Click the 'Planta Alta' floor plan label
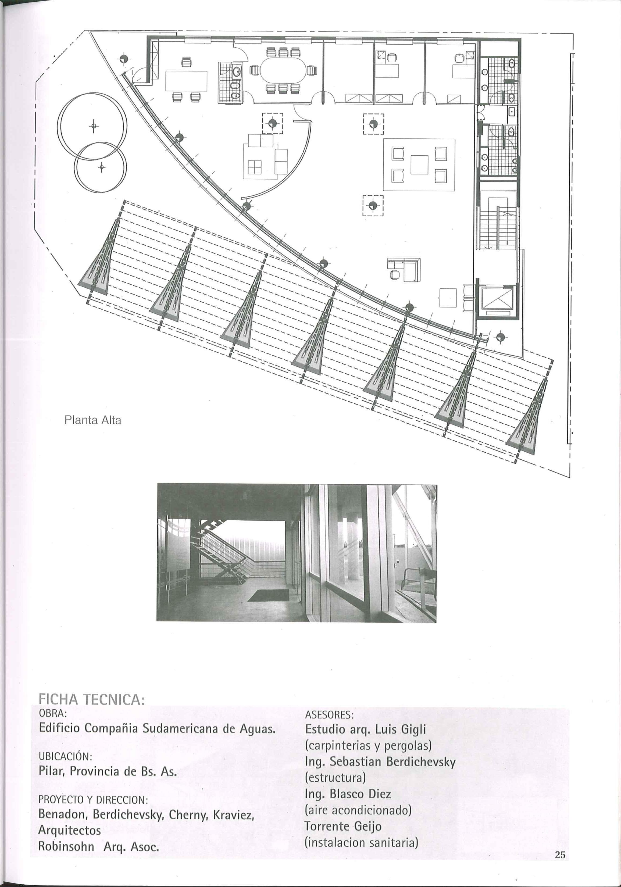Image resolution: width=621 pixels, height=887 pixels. (x=93, y=420)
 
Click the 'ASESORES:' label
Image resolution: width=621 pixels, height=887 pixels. (x=329, y=715)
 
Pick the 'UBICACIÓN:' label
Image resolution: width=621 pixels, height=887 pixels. (x=65, y=755)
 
